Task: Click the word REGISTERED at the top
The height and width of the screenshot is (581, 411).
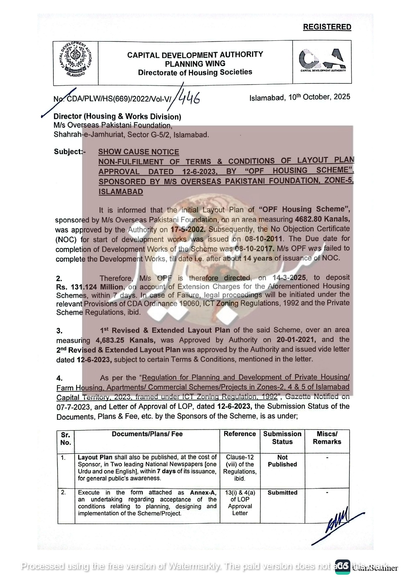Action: [327, 27]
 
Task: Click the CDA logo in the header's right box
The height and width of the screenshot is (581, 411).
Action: [323, 61]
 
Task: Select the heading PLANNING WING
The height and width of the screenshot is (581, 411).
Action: [195, 64]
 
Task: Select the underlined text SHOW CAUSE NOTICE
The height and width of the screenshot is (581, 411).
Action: [139, 152]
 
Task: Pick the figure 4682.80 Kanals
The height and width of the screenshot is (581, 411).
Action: [322, 219]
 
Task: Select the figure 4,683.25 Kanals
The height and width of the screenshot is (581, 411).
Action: [125, 340]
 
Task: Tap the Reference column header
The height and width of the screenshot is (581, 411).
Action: [240, 434]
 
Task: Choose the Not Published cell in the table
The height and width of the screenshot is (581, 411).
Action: [282, 461]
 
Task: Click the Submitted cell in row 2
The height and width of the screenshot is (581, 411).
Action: [282, 493]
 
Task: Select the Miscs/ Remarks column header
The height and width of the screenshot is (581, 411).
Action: [327, 438]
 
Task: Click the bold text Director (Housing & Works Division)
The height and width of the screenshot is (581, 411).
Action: [117, 117]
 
